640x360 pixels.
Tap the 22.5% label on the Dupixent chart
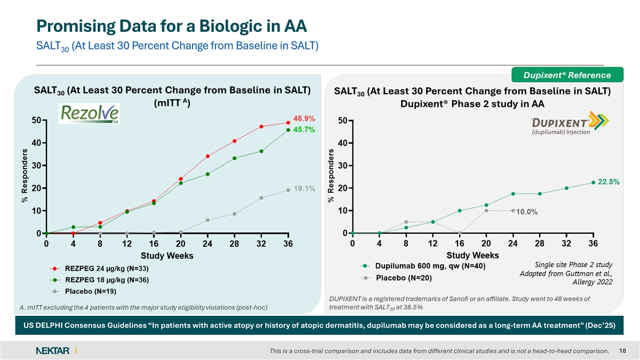tap(609, 182)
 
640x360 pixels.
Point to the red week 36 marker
tap(288, 123)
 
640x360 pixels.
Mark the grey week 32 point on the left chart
tap(261, 198)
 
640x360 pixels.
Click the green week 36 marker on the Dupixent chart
tap(593, 182)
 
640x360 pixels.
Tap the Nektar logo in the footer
tap(53, 350)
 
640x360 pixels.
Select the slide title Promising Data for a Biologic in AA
tap(171, 25)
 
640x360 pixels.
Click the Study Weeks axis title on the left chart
tap(167, 256)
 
